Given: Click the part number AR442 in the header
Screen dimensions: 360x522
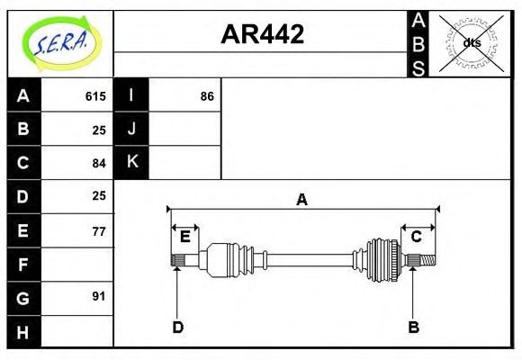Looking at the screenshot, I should click(263, 34).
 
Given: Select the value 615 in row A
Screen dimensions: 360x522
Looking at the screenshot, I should click(95, 95).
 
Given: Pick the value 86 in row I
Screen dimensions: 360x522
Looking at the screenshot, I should click(207, 95).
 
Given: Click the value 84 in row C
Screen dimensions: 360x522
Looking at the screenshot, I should click(99, 163).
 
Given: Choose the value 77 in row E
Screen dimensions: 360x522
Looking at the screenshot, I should click(99, 231).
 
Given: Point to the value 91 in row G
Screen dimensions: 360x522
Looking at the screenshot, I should click(99, 296).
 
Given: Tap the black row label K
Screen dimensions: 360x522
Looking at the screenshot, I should click(131, 162).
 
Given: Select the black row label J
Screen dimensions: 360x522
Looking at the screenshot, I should click(131, 129).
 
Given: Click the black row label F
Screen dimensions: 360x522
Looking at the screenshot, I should click(23, 265).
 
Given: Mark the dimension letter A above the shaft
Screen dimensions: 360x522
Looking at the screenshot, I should click(302, 200).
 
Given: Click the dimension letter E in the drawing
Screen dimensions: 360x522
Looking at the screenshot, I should click(184, 237).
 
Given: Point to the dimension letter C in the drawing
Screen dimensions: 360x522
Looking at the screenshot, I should click(417, 237).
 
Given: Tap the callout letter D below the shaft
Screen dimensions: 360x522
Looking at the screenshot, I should click(178, 328).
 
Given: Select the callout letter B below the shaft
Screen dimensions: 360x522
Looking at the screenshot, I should click(413, 328).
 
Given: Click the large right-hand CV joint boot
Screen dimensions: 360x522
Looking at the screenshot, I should click(382, 260).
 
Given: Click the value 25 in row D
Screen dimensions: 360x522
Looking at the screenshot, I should click(99, 195).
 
